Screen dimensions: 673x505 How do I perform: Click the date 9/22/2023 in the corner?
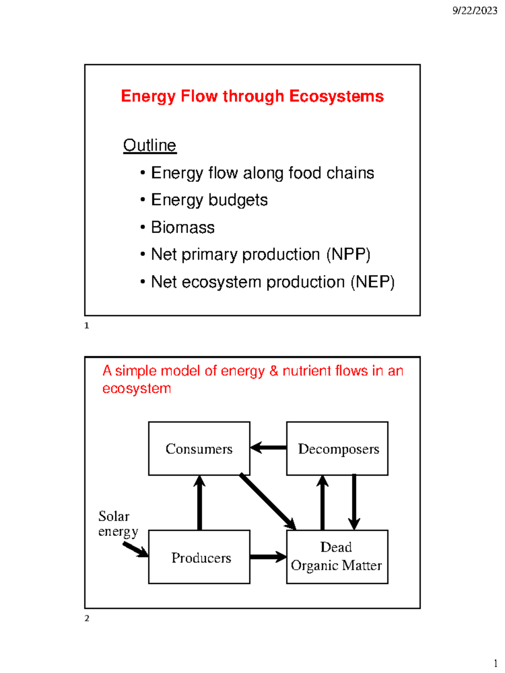[x=474, y=11]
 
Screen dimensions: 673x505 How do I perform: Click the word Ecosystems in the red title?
[x=336, y=96]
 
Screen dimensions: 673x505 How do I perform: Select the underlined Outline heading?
[x=149, y=146]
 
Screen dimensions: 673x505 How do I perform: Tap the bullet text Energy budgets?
[x=209, y=200]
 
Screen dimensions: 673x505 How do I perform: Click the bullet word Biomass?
[x=183, y=228]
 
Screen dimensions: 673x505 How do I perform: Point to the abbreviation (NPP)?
[x=348, y=254]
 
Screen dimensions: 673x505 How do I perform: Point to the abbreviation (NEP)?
[x=372, y=282]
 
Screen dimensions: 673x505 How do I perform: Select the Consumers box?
[x=199, y=448]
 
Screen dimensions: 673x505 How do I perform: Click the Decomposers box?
[x=337, y=448]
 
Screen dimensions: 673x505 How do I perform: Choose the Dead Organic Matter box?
[x=337, y=557]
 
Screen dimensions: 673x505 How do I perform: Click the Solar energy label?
[x=117, y=524]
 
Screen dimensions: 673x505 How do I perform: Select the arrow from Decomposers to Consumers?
[x=268, y=447]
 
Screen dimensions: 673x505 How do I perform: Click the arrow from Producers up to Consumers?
[x=199, y=503]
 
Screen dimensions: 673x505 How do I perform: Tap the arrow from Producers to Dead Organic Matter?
[x=268, y=557]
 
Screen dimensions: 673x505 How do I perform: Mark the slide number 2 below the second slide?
[x=87, y=618]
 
